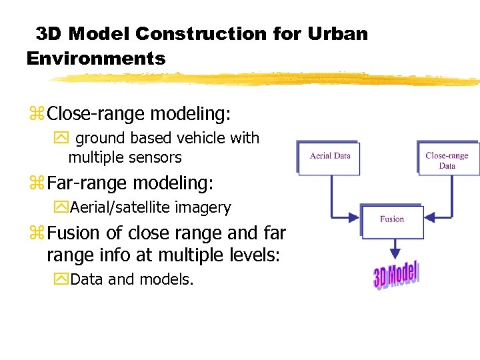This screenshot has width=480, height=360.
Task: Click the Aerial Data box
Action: [329, 157]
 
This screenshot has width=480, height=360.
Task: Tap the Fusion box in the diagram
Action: [392, 220]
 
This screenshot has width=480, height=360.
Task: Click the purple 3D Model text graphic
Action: [396, 275]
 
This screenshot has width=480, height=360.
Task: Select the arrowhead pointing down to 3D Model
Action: [395, 253]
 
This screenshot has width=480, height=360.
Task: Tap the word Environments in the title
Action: [96, 58]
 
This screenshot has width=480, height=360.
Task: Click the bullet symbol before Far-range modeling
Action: [36, 182]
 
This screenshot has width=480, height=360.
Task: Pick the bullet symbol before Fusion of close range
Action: [36, 233]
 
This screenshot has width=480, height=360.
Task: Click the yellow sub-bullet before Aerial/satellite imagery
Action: [63, 207]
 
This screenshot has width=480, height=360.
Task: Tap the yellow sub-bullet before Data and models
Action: [63, 279]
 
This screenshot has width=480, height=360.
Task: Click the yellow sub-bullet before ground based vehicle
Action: [63, 139]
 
